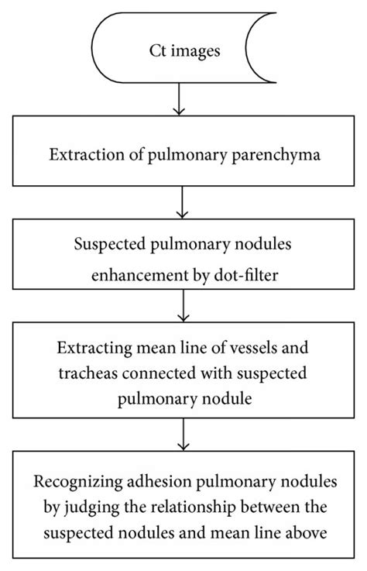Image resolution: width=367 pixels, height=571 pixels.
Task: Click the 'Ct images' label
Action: coord(183,52)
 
